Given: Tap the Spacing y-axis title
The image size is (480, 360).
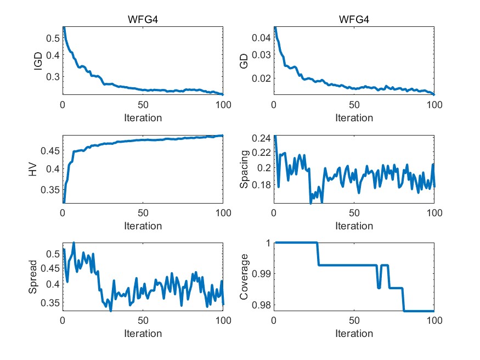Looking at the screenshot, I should point(245,169).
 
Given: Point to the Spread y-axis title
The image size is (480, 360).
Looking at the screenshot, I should point(33,277).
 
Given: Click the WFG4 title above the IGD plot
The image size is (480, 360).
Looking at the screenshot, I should point(143,20).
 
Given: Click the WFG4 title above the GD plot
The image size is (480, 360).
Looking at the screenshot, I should point(354,20).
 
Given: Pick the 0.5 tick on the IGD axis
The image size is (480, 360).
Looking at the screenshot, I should point(52,38).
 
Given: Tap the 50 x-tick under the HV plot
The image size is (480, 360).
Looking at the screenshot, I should point(143,213).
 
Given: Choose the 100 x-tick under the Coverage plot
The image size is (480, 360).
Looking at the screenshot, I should point(433,321).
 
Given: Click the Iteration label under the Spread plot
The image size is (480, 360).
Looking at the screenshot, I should point(143,333).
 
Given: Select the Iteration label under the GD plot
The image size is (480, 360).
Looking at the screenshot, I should point(354,117).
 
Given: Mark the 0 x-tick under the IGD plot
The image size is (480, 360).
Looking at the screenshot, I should point(63,105).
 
